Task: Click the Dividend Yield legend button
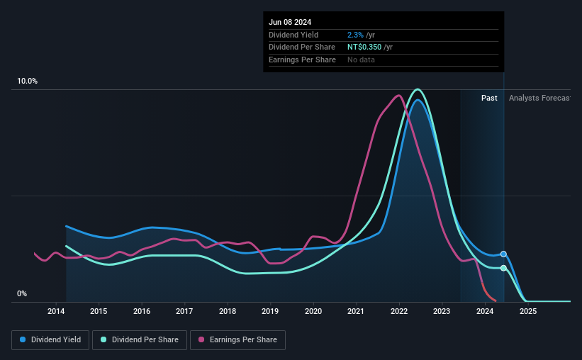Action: (x=50, y=340)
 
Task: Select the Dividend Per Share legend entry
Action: (x=140, y=340)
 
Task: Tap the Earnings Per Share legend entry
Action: (x=237, y=340)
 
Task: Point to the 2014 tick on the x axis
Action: (x=56, y=311)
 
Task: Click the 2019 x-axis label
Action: (x=270, y=311)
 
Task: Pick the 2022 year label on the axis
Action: (x=399, y=311)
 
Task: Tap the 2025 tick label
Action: (x=528, y=311)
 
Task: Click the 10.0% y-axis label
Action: (x=28, y=81)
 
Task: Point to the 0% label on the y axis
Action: (x=22, y=293)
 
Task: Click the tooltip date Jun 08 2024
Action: (x=290, y=22)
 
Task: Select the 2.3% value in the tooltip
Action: (x=355, y=35)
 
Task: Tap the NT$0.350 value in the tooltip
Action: (x=364, y=47)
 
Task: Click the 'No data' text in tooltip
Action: (x=361, y=60)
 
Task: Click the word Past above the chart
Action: (x=489, y=98)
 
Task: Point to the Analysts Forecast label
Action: (x=539, y=98)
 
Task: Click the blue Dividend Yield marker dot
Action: (x=503, y=254)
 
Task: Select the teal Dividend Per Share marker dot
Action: (x=503, y=268)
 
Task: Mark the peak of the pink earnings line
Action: (x=399, y=96)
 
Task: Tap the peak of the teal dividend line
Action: (x=418, y=89)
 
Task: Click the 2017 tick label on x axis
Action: (x=184, y=311)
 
